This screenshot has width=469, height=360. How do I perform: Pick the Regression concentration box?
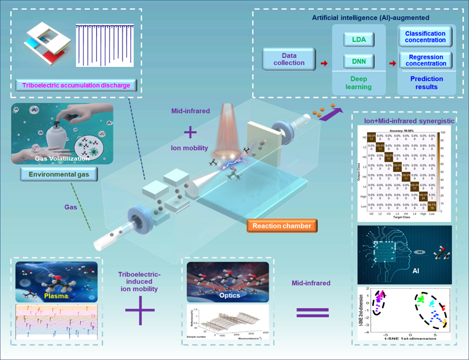[x=426, y=60]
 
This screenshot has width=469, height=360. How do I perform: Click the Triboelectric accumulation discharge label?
[x=75, y=85]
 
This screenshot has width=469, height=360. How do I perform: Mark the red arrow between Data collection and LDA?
[x=324, y=63]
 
